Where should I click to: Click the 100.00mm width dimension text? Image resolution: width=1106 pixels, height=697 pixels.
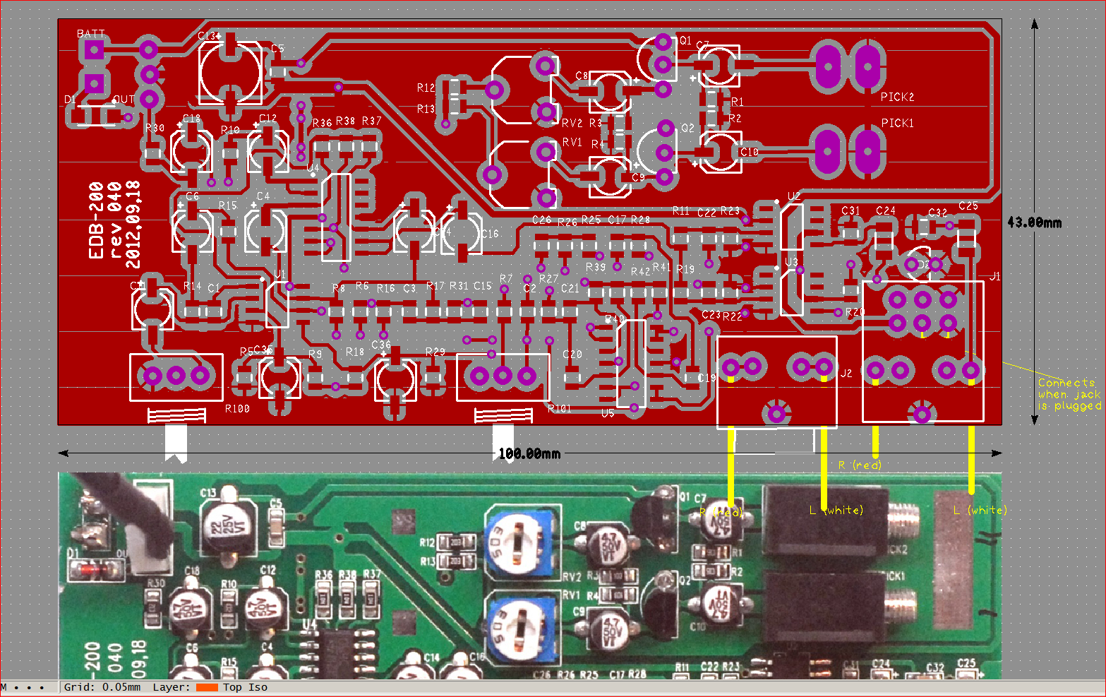tap(529, 453)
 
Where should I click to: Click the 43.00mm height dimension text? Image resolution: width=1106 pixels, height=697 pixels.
tap(1034, 222)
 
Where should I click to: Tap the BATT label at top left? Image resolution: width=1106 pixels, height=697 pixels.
tap(91, 34)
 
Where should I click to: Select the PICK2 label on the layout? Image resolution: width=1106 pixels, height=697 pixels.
tap(897, 97)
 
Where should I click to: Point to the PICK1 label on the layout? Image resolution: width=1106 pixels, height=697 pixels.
tap(897, 123)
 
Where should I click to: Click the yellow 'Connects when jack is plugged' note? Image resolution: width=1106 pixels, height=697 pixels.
tap(1069, 394)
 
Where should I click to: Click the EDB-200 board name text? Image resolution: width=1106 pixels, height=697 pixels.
tap(97, 220)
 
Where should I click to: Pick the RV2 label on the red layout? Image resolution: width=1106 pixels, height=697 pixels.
tap(572, 123)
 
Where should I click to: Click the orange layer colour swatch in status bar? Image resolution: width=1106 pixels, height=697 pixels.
tap(207, 687)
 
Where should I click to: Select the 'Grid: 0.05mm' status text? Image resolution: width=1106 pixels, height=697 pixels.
tap(102, 687)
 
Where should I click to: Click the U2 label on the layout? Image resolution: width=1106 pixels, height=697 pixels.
tap(794, 196)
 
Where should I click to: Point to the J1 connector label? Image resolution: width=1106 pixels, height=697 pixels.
tap(995, 276)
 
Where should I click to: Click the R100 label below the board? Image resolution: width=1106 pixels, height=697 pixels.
tap(237, 408)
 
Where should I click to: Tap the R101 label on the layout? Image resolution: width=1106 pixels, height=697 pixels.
tap(559, 408)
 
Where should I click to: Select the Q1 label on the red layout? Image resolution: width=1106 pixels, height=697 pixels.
tap(685, 40)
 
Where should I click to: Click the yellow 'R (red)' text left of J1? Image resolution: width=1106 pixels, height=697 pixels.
tap(859, 465)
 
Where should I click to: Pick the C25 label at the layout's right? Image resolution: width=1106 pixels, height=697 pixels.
tap(968, 205)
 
